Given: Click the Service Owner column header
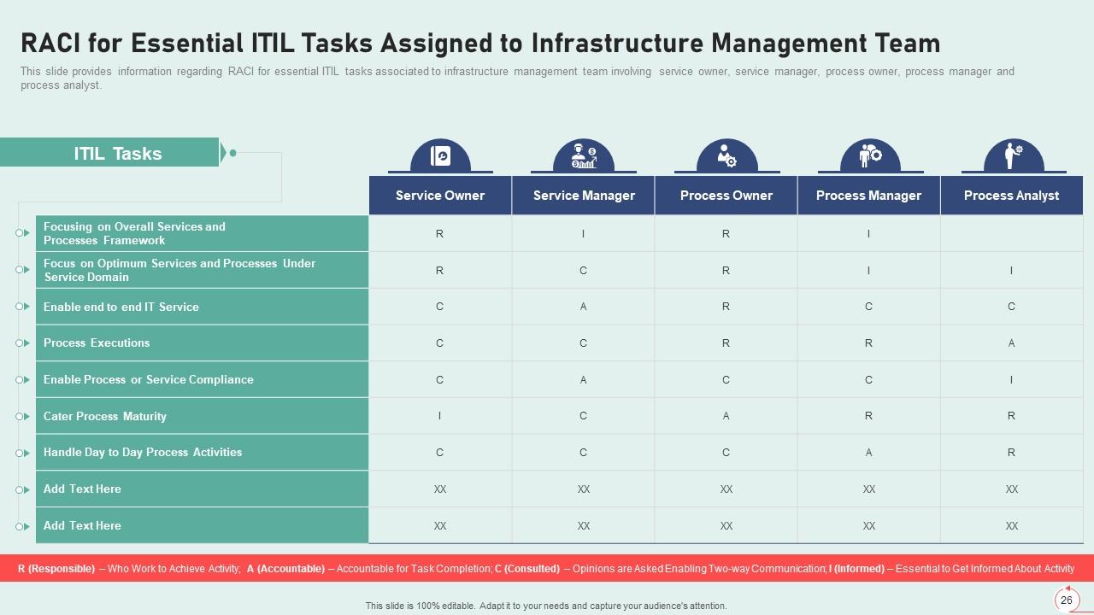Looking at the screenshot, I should (x=439, y=196).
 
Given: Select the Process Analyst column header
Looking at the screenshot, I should (x=1011, y=196).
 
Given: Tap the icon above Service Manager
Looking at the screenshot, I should (x=584, y=156).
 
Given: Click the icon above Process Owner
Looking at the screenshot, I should (x=726, y=156).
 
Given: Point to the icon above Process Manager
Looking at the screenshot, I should (x=869, y=156).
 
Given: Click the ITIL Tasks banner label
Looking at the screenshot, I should (x=117, y=154).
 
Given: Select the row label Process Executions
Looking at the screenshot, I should (x=97, y=343).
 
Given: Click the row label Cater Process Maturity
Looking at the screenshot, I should (x=105, y=417).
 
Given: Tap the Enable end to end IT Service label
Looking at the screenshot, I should (x=121, y=307).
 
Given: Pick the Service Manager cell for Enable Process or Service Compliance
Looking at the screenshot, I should (x=583, y=380).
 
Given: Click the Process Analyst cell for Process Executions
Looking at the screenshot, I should (x=1011, y=343).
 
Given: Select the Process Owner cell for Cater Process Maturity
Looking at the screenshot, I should (x=726, y=417).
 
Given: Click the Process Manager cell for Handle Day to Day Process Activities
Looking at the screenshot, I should (x=868, y=453).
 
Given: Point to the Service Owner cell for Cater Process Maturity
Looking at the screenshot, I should (x=439, y=417).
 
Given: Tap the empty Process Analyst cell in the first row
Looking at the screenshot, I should (x=1011, y=233).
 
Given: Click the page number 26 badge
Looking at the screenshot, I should (x=1067, y=600).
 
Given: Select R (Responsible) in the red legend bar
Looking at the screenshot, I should (x=56, y=569).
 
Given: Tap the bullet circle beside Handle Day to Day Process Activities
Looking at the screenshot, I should (x=20, y=453).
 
